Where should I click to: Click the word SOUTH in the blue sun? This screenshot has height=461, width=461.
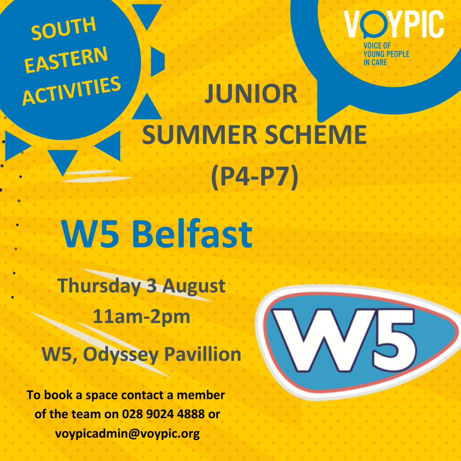[63, 28]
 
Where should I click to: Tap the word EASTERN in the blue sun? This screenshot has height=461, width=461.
[66, 59]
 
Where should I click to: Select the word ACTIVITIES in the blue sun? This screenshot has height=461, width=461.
[72, 90]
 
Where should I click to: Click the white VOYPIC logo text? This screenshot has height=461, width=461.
[393, 24]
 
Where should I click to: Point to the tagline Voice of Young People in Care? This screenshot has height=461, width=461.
[386, 54]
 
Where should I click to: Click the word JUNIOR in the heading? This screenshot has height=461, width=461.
[251, 94]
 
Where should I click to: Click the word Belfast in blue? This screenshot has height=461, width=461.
[192, 234]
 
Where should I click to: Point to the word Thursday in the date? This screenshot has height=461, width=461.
[99, 286]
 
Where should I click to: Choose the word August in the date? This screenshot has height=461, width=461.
[194, 286]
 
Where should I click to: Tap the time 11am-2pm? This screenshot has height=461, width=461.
[141, 317]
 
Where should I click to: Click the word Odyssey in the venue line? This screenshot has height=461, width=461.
[121, 355]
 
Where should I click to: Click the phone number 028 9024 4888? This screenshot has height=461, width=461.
[163, 414]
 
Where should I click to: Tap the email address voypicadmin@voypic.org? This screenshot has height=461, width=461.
[127, 434]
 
